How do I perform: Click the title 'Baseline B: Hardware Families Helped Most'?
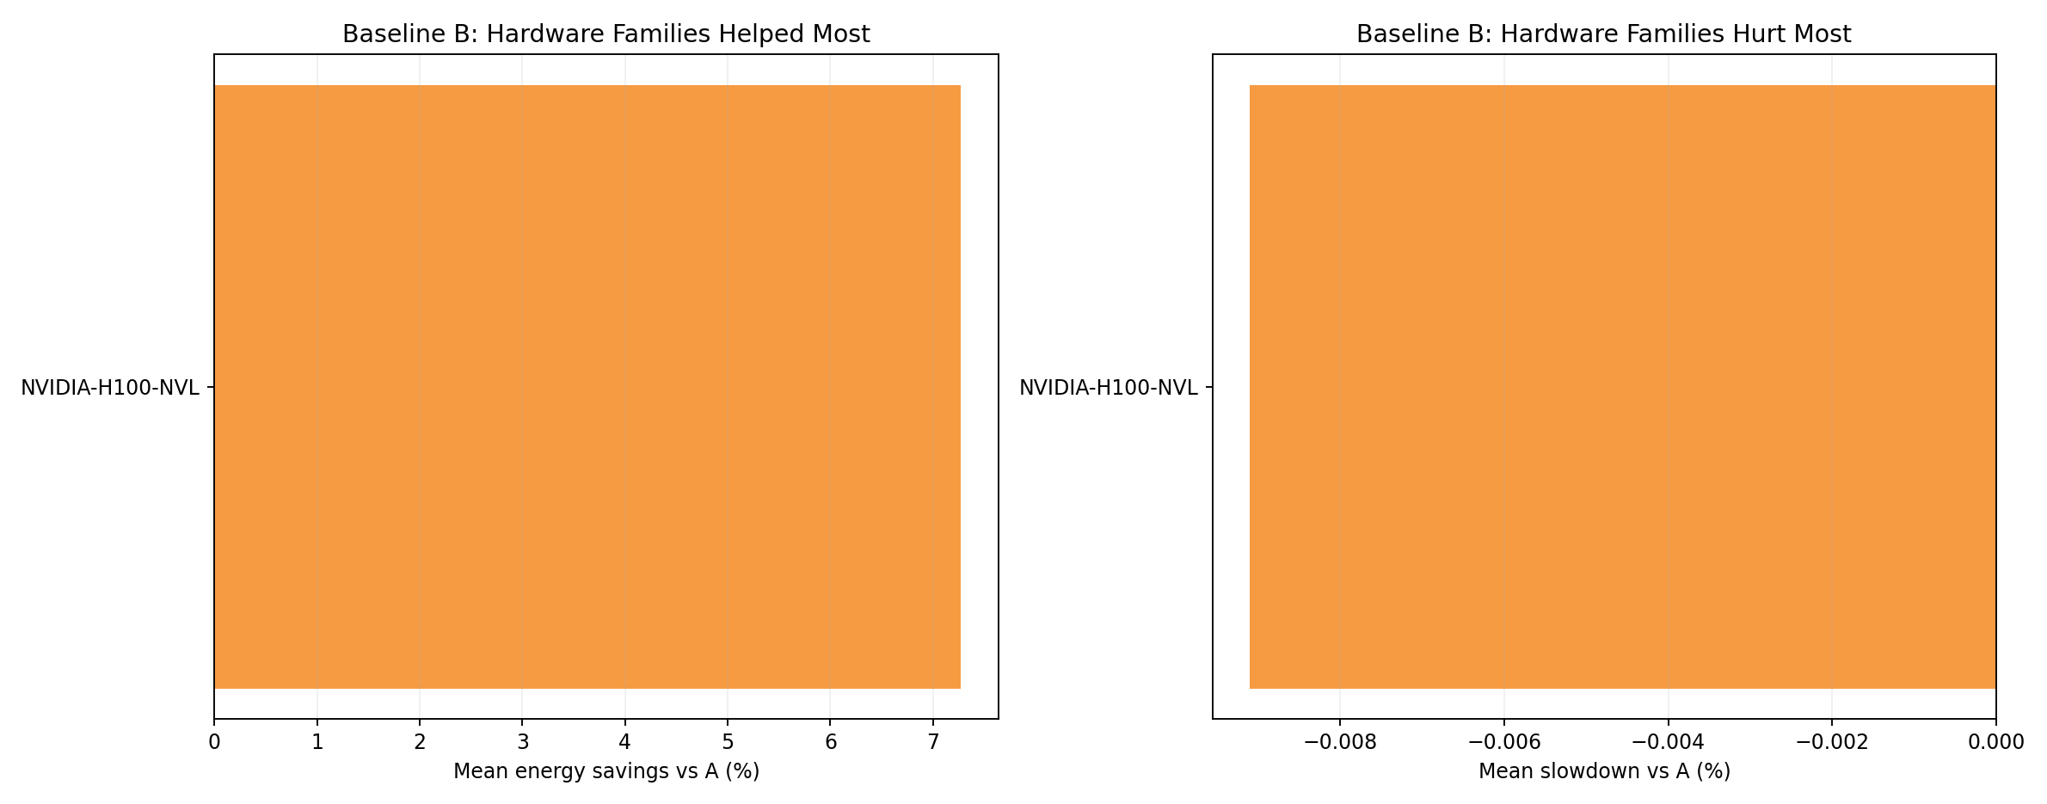[x=605, y=34]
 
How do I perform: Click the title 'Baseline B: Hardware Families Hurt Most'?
[x=1603, y=34]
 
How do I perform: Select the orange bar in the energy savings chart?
[x=587, y=387]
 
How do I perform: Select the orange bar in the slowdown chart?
[x=1622, y=387]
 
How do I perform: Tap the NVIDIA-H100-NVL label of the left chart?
[x=110, y=388]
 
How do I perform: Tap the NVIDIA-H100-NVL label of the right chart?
[x=1108, y=388]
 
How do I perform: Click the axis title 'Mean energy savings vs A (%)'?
[x=605, y=771]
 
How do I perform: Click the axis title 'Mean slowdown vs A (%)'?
[x=1603, y=771]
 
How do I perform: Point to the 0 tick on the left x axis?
[x=214, y=742]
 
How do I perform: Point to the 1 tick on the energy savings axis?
[x=317, y=742]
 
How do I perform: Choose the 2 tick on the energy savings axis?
[x=420, y=742]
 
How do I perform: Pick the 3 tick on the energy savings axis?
[x=522, y=742]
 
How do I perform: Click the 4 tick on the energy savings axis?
[x=625, y=742]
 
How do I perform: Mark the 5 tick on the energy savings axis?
[x=728, y=742]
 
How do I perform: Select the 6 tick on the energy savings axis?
[x=830, y=742]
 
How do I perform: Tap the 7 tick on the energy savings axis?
[x=932, y=742]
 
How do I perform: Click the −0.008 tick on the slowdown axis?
[x=1340, y=742]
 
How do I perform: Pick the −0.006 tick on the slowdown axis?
[x=1503, y=742]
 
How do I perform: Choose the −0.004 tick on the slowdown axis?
[x=1668, y=742]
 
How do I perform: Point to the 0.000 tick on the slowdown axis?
[x=1995, y=742]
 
